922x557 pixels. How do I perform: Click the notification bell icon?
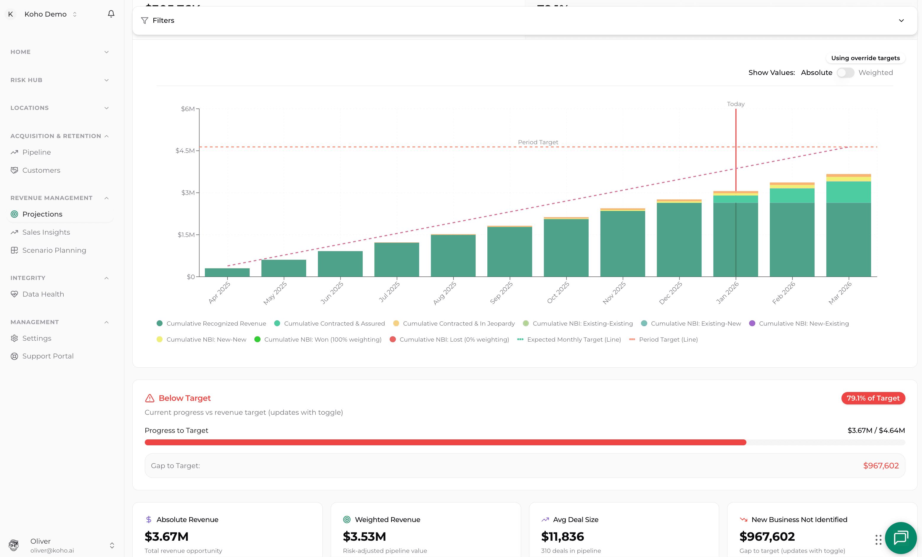pyautogui.click(x=111, y=14)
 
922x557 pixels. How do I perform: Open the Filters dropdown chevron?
pyautogui.click(x=901, y=20)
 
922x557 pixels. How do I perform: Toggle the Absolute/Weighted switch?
pyautogui.click(x=845, y=73)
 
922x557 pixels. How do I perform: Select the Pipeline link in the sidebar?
pyautogui.click(x=36, y=152)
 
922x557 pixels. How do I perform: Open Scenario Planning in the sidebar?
pyautogui.click(x=54, y=250)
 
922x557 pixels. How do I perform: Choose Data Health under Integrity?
pyautogui.click(x=43, y=294)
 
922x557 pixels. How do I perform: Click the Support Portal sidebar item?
pyautogui.click(x=48, y=356)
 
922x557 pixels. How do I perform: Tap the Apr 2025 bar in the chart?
pyautogui.click(x=227, y=272)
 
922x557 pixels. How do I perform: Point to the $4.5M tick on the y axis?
pyautogui.click(x=185, y=151)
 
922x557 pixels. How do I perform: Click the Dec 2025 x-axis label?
pyautogui.click(x=671, y=293)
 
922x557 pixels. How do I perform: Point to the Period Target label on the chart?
pyautogui.click(x=538, y=142)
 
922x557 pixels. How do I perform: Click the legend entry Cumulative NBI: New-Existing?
pyautogui.click(x=803, y=324)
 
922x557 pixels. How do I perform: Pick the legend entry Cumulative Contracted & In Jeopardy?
pyautogui.click(x=458, y=324)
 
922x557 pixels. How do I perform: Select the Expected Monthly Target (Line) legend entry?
pyautogui.click(x=574, y=340)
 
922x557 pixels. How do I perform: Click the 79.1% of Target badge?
pyautogui.click(x=873, y=398)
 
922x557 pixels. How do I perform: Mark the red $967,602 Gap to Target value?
pyautogui.click(x=881, y=466)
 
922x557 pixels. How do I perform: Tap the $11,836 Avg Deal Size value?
pyautogui.click(x=562, y=537)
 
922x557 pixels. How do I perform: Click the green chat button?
pyautogui.click(x=901, y=538)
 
